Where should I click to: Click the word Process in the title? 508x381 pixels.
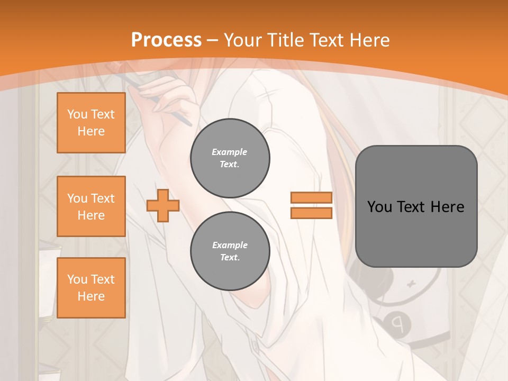tap(166, 40)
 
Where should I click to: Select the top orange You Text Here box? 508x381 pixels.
tap(91, 123)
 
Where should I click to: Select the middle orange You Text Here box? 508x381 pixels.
tap(91, 206)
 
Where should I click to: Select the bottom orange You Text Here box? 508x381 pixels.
tap(91, 288)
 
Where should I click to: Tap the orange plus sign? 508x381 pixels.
tap(163, 206)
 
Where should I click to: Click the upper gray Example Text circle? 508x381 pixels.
tap(230, 158)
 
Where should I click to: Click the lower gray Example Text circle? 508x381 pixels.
tap(230, 251)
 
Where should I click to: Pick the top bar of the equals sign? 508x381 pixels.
tap(311, 197)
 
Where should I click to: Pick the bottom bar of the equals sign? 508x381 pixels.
tap(311, 213)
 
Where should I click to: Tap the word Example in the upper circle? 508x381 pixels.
tap(230, 152)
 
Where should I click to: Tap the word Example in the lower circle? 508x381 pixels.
tap(230, 245)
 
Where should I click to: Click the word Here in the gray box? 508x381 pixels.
tap(447, 207)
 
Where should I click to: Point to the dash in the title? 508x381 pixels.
tap(213, 40)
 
